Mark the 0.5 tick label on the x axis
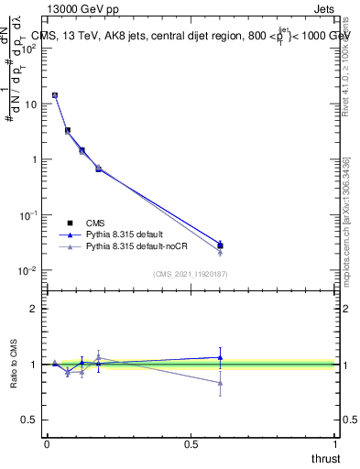point(191,443)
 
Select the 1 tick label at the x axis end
point(336,443)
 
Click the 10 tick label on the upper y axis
point(32,104)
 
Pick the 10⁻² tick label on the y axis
point(29,270)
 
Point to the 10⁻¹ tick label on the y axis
point(29,214)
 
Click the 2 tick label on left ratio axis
point(35,309)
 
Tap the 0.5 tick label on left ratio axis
point(31,420)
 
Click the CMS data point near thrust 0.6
point(220,245)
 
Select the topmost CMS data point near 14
point(55,95)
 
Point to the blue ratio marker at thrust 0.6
point(220,357)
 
